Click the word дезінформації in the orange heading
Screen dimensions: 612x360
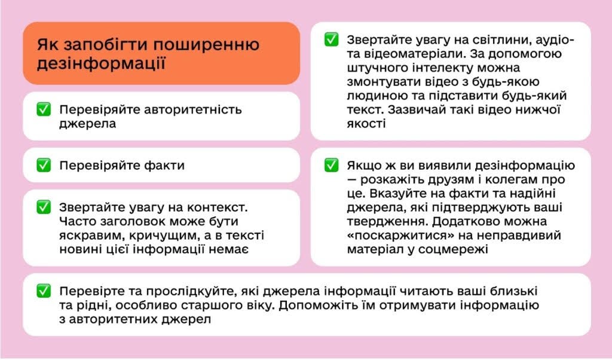[x=101, y=63]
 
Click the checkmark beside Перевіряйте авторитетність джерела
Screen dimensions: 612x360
[x=44, y=109]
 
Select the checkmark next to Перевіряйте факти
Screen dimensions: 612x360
[x=44, y=165]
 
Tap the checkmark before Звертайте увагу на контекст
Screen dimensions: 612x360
[x=44, y=207]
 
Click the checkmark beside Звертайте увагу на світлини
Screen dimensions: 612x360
[x=331, y=40]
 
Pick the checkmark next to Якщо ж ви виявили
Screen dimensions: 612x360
[x=331, y=165]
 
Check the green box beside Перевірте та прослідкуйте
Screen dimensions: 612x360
[x=44, y=291]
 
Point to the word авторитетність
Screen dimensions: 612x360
[x=193, y=109]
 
